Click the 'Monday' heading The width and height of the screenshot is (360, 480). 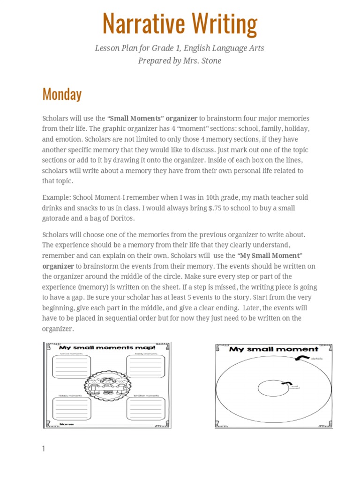click(61, 94)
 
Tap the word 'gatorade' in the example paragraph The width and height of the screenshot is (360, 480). click(58, 218)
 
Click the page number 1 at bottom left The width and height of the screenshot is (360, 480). click(44, 449)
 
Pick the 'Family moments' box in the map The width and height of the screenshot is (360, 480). click(146, 366)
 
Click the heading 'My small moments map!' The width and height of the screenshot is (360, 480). click(107, 348)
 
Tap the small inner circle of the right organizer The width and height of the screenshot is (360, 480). click(274, 388)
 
